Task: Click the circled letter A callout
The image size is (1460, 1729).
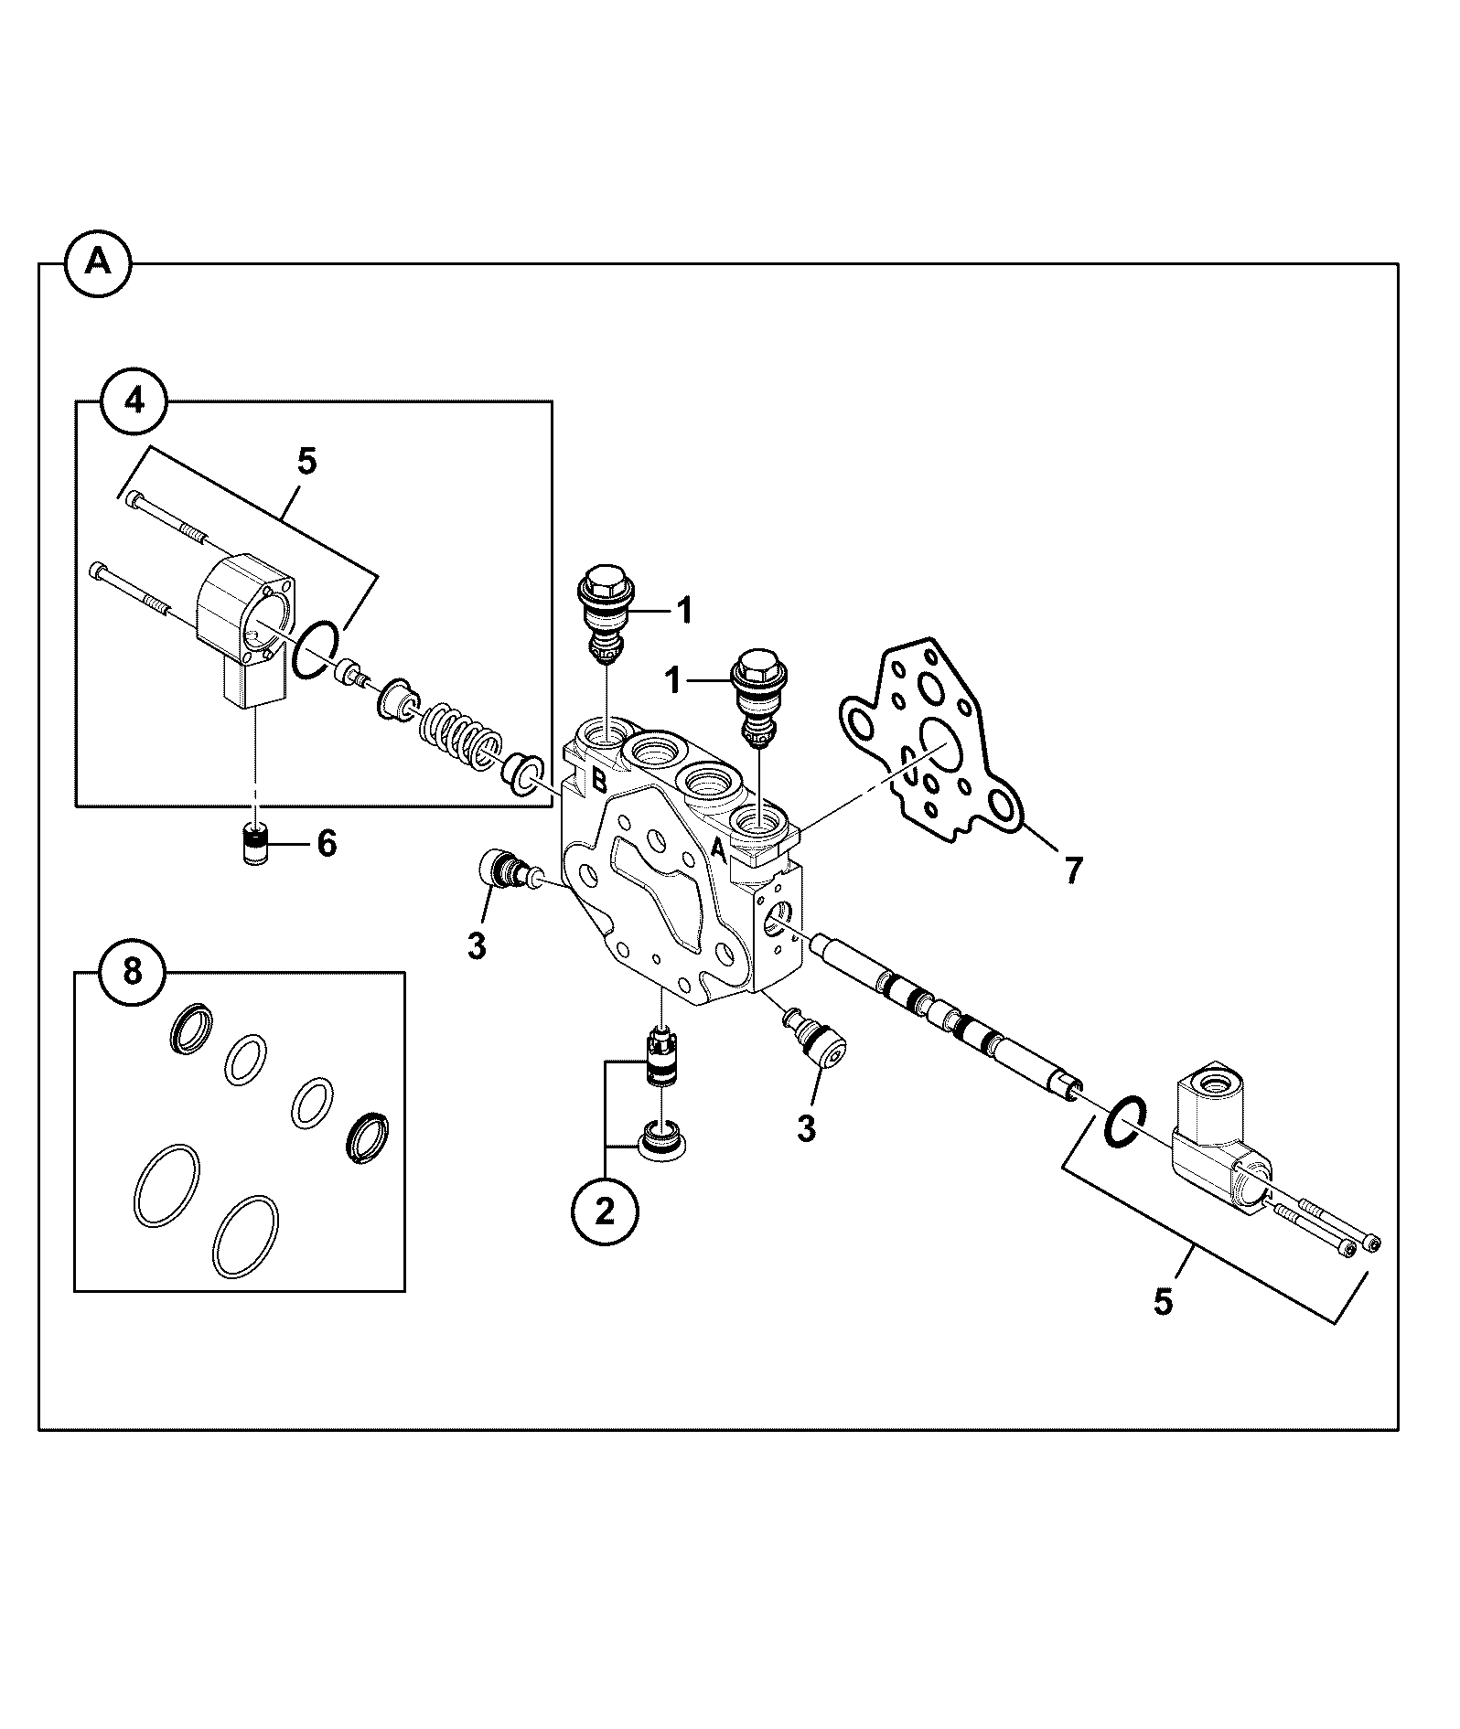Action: (x=98, y=263)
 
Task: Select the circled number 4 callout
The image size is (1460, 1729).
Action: (x=134, y=400)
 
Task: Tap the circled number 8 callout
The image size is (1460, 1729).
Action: (x=133, y=972)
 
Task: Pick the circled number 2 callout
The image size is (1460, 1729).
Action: (x=605, y=1212)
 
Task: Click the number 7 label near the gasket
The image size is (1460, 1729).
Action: (x=1072, y=870)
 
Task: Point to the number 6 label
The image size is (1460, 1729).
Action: (x=327, y=843)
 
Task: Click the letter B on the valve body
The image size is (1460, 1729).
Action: (x=599, y=780)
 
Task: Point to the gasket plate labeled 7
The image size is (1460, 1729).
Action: (x=930, y=741)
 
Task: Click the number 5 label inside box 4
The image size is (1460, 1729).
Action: (x=307, y=462)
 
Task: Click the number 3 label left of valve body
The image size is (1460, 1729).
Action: (x=477, y=946)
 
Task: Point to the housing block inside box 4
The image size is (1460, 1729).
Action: (x=243, y=629)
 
